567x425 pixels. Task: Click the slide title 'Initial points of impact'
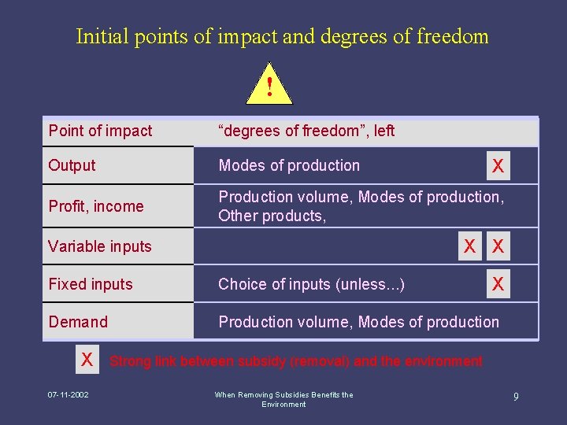(282, 36)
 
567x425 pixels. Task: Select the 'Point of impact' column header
(101, 131)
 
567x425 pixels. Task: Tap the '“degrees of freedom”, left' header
(306, 131)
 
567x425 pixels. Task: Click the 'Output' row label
(72, 165)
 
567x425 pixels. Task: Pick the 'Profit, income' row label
(96, 206)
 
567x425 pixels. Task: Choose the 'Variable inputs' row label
(99, 246)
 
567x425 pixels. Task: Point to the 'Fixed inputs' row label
(91, 284)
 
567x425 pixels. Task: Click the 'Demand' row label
(78, 322)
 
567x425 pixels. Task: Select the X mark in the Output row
(498, 166)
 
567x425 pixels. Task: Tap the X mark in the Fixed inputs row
(498, 284)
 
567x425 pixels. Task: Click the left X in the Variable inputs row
(469, 246)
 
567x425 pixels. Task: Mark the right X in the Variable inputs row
(498, 246)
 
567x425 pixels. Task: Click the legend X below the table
(87, 360)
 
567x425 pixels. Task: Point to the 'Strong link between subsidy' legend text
(296, 361)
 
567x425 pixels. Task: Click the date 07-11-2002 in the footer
(68, 394)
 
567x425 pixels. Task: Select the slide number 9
(516, 397)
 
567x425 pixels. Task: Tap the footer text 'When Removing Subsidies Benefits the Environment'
(283, 399)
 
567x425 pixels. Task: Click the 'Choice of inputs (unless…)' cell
(312, 284)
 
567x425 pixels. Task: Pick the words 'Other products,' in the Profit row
(272, 216)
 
